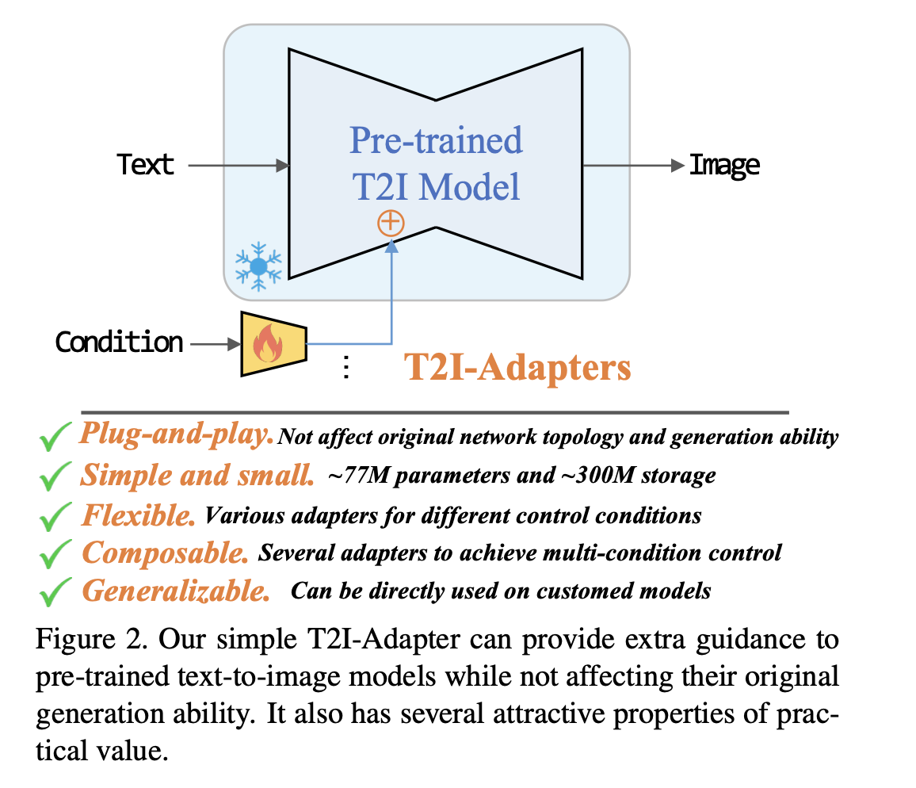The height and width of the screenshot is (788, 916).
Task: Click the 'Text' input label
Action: click(x=146, y=165)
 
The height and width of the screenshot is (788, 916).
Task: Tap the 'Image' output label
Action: click(x=724, y=165)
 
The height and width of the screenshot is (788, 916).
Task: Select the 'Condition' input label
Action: click(x=119, y=342)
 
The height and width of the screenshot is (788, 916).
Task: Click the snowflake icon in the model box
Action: click(x=258, y=266)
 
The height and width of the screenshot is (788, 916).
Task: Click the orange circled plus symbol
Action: click(x=391, y=223)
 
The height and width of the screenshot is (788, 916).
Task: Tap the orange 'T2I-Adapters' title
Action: click(x=517, y=367)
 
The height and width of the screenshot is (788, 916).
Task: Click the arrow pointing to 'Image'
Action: click(x=634, y=165)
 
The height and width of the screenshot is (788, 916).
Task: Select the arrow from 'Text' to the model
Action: click(x=238, y=165)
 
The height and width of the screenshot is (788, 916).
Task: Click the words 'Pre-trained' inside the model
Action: click(x=436, y=141)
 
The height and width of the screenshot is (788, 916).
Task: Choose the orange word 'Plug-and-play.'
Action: click(x=176, y=434)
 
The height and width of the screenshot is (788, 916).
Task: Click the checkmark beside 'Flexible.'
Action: click(x=55, y=517)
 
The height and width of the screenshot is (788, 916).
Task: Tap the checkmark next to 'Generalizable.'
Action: click(x=55, y=591)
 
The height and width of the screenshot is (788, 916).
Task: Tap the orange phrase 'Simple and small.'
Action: click(x=197, y=476)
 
